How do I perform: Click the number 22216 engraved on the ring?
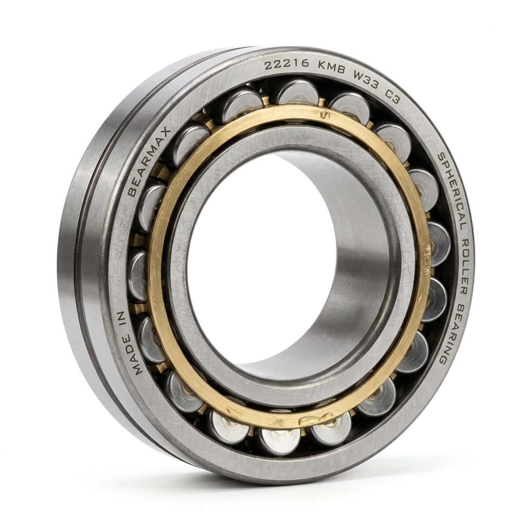tap(287, 65)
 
